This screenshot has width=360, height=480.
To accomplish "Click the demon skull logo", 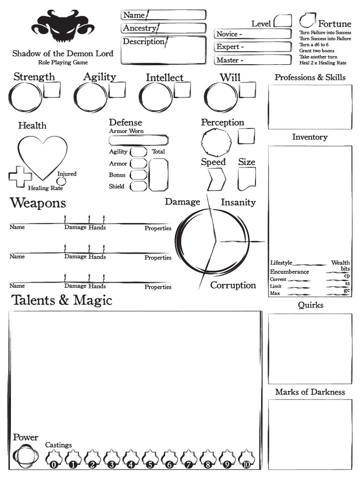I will (x=63, y=27).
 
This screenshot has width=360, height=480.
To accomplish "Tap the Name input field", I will (x=176, y=15).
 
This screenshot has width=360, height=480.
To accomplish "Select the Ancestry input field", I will (x=180, y=28).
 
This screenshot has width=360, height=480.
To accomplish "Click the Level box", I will (x=283, y=21).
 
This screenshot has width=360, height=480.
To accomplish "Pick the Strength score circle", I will (x=25, y=97).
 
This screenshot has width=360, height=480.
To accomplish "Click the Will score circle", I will (x=221, y=97).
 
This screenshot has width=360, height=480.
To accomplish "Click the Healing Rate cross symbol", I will (x=20, y=177).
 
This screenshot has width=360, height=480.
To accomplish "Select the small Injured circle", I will (x=61, y=181).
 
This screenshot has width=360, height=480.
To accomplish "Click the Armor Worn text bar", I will (x=138, y=140).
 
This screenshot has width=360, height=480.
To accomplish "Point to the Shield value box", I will (x=138, y=186).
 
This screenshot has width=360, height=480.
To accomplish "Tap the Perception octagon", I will (x=216, y=142).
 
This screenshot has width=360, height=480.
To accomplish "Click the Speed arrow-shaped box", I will (x=216, y=179).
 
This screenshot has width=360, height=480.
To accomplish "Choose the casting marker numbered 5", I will (x=150, y=458).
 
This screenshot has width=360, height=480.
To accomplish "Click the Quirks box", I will (x=310, y=348).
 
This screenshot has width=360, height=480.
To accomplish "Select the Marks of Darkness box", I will (x=310, y=434).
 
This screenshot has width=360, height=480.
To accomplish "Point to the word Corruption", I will (x=233, y=285).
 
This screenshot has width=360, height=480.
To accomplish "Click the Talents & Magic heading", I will (x=61, y=300).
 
